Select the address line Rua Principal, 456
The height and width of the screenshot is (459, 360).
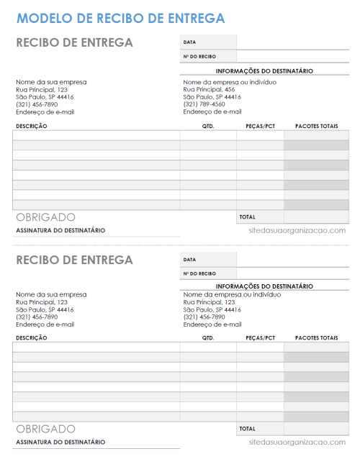(209, 89)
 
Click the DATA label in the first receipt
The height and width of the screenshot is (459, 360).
(190, 42)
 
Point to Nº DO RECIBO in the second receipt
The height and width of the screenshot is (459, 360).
(199, 273)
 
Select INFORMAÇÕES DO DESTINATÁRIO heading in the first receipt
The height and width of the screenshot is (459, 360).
(264, 71)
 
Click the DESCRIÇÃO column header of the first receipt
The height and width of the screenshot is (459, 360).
(32, 126)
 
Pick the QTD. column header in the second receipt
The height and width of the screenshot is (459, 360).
(208, 337)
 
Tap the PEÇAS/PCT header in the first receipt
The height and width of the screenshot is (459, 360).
(260, 126)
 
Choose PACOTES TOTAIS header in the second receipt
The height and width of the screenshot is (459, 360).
(316, 337)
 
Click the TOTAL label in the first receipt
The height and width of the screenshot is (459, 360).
(248, 217)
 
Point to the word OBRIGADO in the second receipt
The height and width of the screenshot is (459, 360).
(45, 429)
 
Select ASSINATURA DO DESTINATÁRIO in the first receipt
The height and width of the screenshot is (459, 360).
(60, 230)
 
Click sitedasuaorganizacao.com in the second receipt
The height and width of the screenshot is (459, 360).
(297, 442)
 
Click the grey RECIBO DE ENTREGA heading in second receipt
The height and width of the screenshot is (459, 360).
(74, 259)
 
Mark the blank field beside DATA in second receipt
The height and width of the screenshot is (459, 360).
(292, 259)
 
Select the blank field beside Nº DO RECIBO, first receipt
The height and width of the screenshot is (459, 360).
(292, 56)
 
